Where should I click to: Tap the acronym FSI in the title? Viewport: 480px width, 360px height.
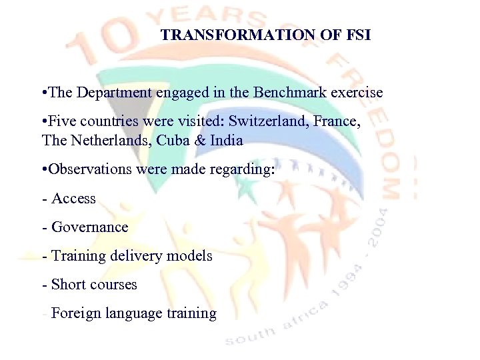coord(357,35)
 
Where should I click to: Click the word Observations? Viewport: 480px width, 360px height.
coord(89,169)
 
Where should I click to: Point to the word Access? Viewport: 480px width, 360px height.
coord(73,199)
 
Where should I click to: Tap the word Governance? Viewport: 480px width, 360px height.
coord(89,227)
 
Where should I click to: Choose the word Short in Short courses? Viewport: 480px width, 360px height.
coord(69,285)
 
